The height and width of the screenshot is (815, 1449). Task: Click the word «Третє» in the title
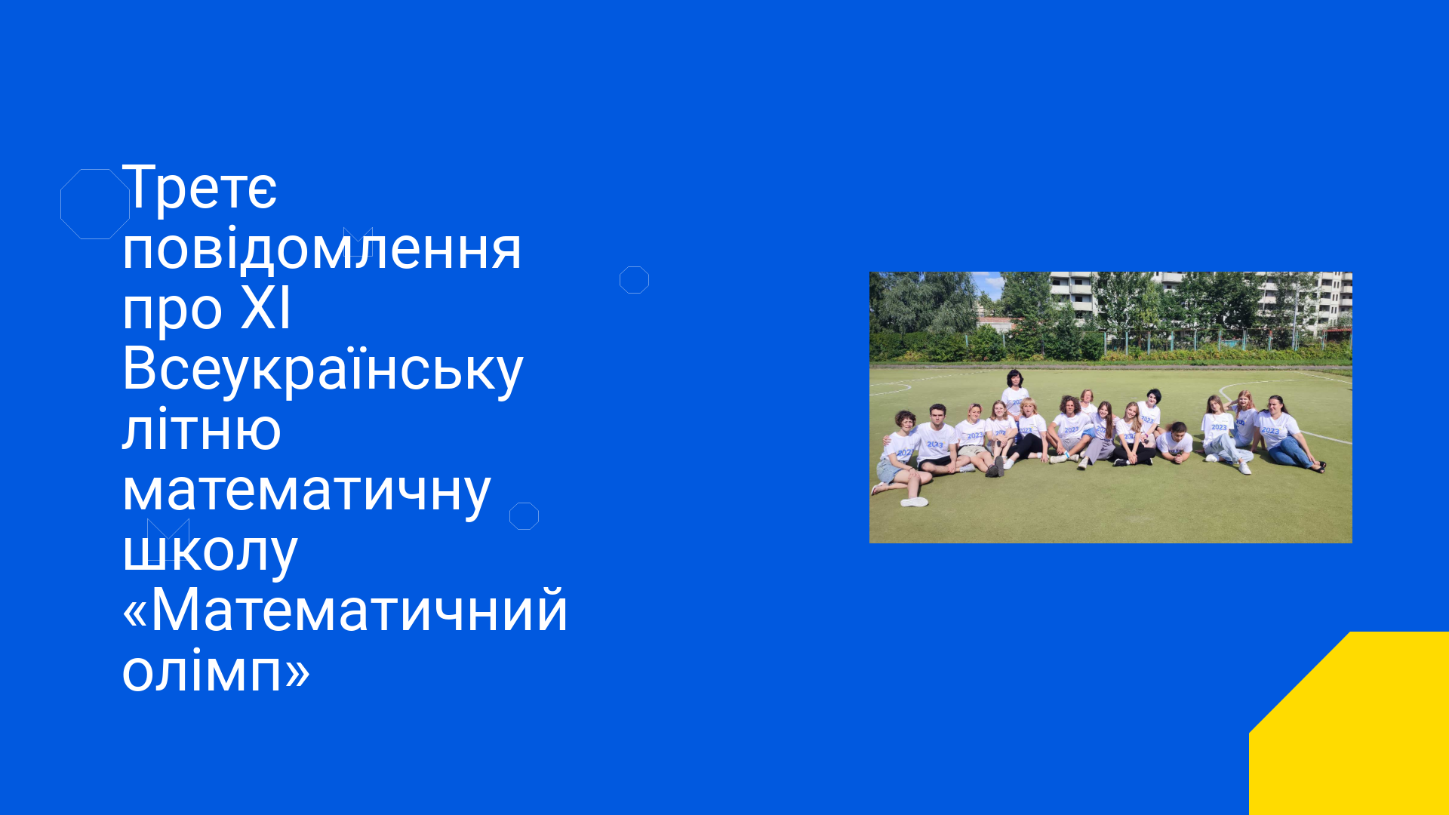point(200,188)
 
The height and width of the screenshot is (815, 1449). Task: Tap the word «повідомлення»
point(322,249)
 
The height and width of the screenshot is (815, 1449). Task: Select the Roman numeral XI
point(266,309)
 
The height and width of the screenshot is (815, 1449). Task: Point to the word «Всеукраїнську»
point(323,370)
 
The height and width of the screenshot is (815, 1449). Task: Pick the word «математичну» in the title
point(307,491)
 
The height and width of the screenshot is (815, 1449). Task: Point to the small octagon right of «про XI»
point(634,267)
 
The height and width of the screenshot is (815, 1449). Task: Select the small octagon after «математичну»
point(524,503)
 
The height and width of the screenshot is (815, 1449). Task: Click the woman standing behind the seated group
point(1015,392)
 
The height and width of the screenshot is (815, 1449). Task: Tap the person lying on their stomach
point(1174,442)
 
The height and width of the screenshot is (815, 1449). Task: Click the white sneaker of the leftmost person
point(915,501)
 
